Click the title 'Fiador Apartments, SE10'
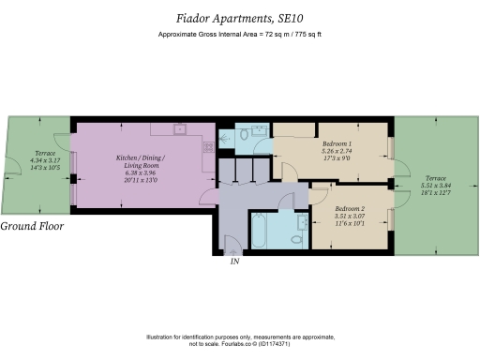pos(239,17)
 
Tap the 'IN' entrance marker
pos(235,262)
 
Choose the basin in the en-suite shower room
pos(260,129)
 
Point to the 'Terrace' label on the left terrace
pos(45,153)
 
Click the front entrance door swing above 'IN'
pos(230,246)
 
